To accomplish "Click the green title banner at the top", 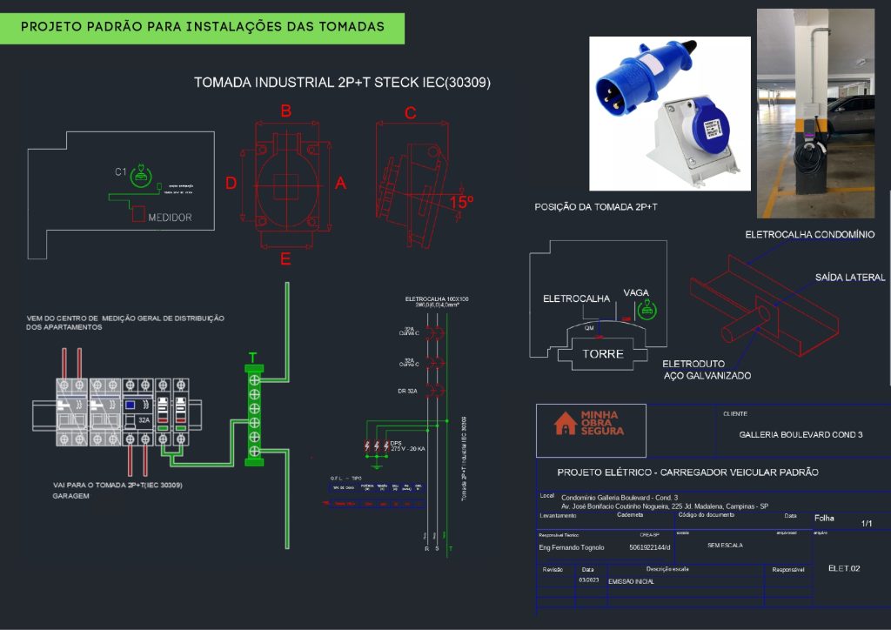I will [x=203, y=27].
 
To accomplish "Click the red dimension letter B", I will [x=285, y=111].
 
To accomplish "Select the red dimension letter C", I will [x=411, y=113].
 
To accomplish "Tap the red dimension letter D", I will [x=231, y=183].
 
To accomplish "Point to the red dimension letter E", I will [x=285, y=258].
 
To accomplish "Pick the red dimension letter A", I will [x=340, y=183].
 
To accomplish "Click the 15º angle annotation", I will [x=461, y=202].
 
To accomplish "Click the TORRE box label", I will [x=603, y=354].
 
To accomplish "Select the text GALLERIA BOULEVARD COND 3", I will [x=801, y=434].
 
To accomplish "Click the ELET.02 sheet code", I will [x=843, y=568].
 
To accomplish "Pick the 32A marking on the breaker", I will [x=144, y=419].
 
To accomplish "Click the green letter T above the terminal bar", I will [x=253, y=358].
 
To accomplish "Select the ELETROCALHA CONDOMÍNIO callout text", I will [x=809, y=235].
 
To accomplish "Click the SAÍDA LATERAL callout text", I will [x=849, y=278].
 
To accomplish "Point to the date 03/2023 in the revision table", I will [x=588, y=580].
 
